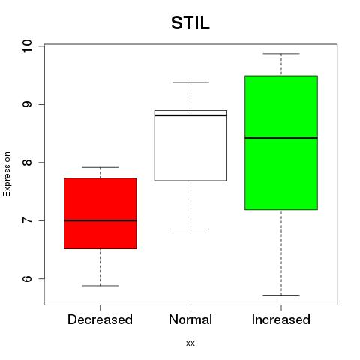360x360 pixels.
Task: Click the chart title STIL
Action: coord(190,23)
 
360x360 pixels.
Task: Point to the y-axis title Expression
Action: coord(7,174)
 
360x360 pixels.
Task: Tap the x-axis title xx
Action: coord(190,343)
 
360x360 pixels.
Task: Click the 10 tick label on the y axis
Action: coord(27,46)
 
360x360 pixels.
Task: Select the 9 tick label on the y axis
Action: coord(27,104)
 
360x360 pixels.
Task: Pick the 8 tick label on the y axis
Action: coord(27,163)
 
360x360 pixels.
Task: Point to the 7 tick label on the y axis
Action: coord(27,220)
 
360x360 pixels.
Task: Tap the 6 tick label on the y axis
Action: coord(27,278)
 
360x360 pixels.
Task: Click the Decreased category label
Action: coord(100,319)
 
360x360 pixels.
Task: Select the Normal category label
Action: coord(190,319)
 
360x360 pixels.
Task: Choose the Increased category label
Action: coord(281,319)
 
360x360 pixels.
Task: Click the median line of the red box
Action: coord(100,220)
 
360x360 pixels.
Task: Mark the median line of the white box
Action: coord(190,115)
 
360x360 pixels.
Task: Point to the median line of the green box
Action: coord(281,138)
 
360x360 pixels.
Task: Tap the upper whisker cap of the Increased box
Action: coord(281,54)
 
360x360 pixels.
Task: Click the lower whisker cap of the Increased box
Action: coord(281,295)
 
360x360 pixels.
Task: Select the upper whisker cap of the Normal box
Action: coord(190,82)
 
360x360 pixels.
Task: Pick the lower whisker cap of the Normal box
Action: coord(190,229)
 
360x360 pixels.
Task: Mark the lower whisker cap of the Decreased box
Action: coord(100,286)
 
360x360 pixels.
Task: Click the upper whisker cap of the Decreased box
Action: coord(100,167)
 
